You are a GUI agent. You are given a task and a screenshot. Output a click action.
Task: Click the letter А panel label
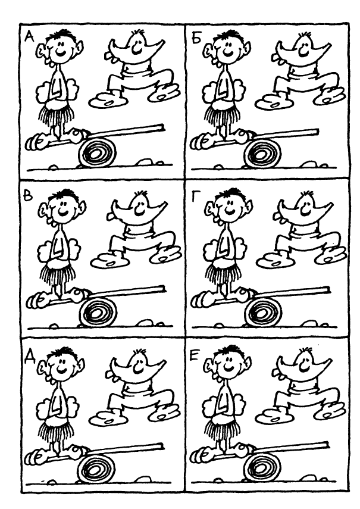(x=30, y=37)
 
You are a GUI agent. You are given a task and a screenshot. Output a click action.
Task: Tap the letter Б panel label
(x=196, y=38)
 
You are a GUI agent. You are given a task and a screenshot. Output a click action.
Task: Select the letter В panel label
(x=28, y=196)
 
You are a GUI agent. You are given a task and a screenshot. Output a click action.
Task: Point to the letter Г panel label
(x=195, y=196)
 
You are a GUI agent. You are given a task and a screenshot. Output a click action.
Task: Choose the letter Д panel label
(x=30, y=357)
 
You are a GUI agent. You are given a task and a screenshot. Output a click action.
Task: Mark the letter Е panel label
(x=194, y=355)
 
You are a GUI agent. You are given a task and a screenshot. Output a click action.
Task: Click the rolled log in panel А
(x=96, y=152)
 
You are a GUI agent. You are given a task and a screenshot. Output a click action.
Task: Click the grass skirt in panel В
(x=58, y=275)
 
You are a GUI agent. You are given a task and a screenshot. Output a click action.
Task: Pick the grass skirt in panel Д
(x=57, y=430)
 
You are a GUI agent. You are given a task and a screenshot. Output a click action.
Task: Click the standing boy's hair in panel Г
(x=232, y=194)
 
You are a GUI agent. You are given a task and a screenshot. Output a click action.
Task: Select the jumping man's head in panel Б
(x=303, y=45)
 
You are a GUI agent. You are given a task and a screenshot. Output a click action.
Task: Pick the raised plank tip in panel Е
(x=327, y=444)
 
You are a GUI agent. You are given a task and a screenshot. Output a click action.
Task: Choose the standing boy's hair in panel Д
(x=66, y=352)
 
